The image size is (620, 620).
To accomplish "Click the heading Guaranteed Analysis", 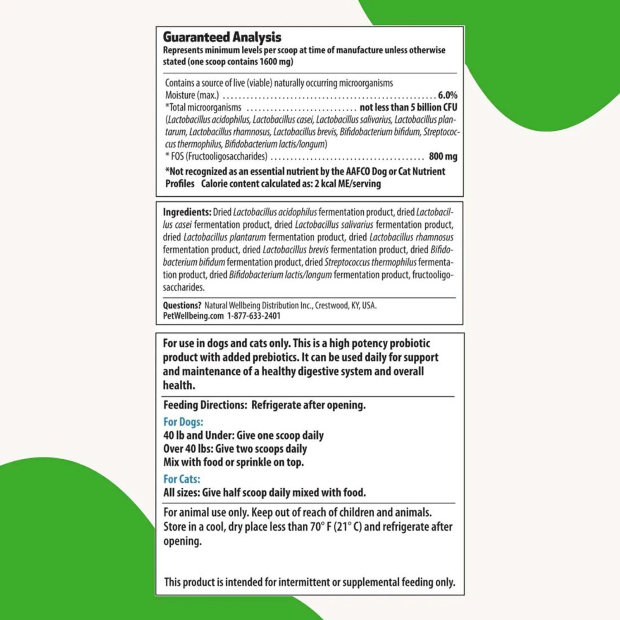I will pos(222,37).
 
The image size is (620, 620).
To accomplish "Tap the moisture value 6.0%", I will pos(447,95).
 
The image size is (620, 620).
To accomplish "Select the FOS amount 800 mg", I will pos(443,156).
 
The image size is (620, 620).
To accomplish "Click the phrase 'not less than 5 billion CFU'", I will pos(408,107).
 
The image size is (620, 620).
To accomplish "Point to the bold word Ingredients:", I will pos(187,212).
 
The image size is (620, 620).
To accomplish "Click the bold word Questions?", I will pos(182,305).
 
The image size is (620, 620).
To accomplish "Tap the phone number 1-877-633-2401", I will pos(254,316).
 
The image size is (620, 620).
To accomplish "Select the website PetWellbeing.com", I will pos(193,316).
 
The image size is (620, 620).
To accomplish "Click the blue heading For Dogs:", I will pos(183,422).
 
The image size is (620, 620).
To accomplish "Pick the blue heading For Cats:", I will pos(181,479).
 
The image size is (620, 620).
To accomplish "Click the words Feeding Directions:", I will pos(205,405).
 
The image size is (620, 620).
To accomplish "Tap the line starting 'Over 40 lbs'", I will pos(235,448).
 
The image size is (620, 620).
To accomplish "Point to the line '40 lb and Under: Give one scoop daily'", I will pos(243,435).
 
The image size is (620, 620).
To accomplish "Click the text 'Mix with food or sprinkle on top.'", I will pos(234,462).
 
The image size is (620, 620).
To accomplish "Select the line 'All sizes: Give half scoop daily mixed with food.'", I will pos(264,492).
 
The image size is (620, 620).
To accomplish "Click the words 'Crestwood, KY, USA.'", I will pos(346,305).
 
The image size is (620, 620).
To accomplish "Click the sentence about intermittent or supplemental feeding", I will pos(309,582).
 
